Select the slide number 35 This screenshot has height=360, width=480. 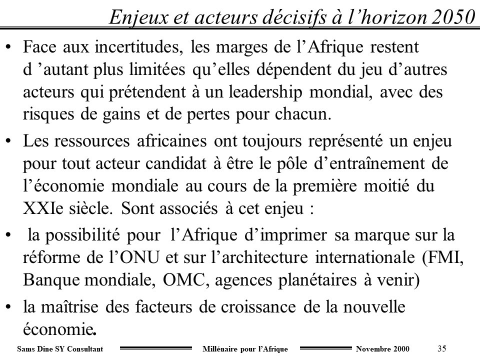coord(441,348)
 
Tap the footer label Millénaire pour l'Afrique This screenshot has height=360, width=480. coord(247,348)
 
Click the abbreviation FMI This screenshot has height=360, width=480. coord(442,258)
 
